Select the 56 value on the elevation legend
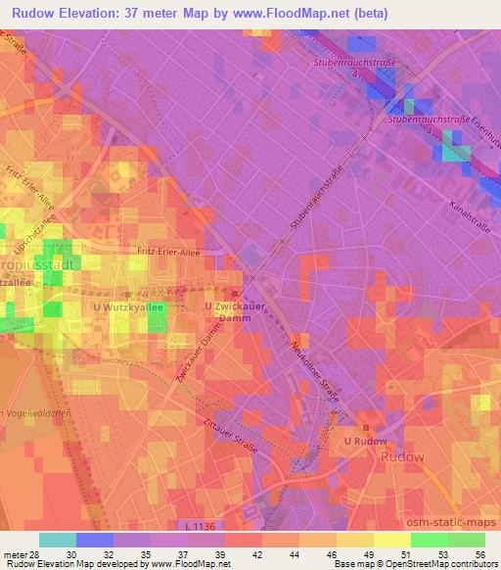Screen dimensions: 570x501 (x=478, y=553)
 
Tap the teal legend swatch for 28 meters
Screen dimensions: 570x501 (x=57, y=540)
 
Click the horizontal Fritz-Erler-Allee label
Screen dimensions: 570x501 (x=168, y=252)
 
